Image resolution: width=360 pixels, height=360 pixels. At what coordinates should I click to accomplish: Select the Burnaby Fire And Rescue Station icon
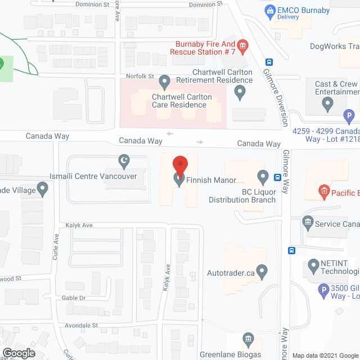click(x=243, y=46)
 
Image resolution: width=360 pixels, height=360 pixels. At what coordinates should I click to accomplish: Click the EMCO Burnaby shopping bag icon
click(x=271, y=11)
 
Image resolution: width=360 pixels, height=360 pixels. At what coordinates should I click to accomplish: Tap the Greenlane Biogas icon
click(x=247, y=339)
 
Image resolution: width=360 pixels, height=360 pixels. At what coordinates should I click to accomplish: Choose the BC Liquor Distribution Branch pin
click(x=262, y=177)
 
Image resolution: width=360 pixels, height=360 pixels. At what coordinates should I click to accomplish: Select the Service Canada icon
click(x=307, y=222)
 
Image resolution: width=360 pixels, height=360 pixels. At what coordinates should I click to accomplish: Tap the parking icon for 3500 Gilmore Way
click(x=323, y=291)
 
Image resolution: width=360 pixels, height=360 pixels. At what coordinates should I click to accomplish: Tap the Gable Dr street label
click(x=75, y=298)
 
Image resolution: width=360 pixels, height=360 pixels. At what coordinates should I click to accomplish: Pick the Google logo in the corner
click(x=19, y=353)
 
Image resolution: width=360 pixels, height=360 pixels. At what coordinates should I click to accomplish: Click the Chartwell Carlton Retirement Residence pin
click(x=165, y=83)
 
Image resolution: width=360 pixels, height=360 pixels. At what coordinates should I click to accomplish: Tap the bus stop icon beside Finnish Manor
click(x=277, y=178)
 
